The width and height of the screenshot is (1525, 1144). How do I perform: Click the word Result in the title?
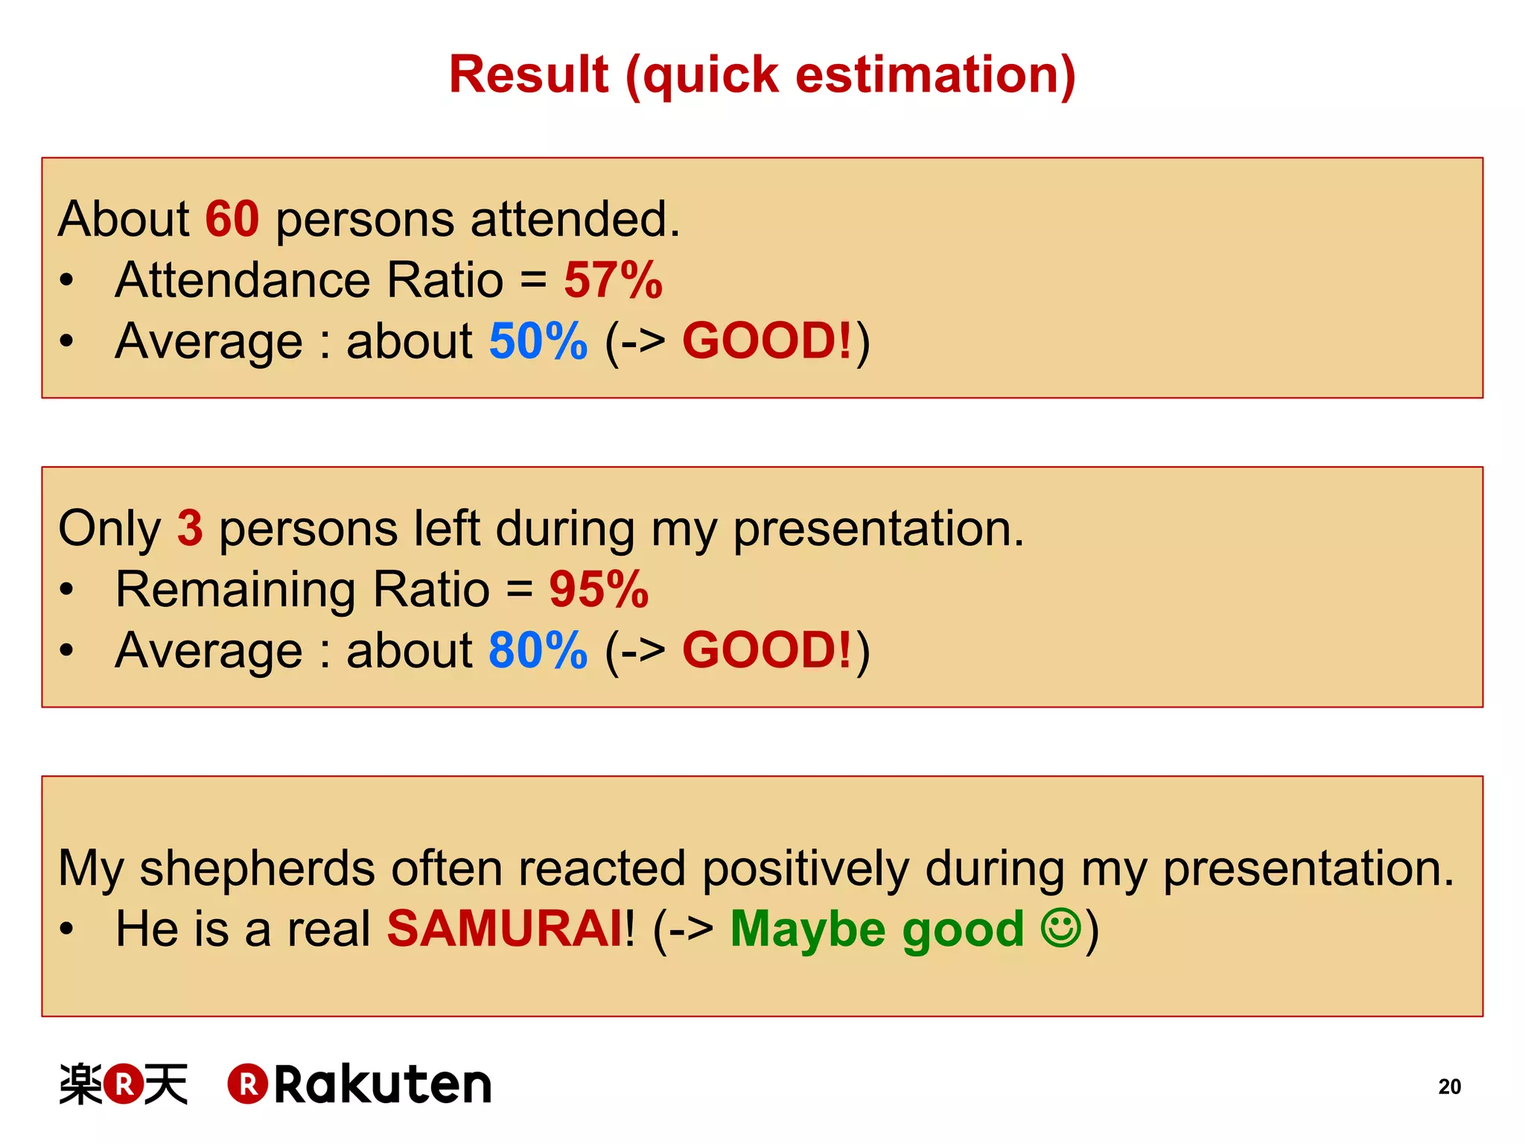click(529, 74)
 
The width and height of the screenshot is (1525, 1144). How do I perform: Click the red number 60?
click(232, 219)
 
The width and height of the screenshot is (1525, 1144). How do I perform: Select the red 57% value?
click(613, 280)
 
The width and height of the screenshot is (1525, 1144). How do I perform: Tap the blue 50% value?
click(538, 341)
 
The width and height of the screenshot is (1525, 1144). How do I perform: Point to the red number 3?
click(190, 528)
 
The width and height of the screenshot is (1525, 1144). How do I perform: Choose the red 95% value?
click(599, 589)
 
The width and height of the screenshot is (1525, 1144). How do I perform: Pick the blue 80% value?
click(538, 650)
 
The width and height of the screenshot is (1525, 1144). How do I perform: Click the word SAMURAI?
click(505, 929)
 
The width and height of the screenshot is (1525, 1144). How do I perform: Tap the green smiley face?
click(1060, 928)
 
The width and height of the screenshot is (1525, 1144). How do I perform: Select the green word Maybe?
click(808, 930)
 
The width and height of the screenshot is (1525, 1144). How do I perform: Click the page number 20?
click(1449, 1087)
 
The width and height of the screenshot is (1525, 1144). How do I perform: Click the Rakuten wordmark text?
click(383, 1084)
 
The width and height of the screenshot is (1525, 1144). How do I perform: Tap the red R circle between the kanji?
click(124, 1084)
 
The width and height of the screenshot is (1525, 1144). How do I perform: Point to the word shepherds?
click(258, 868)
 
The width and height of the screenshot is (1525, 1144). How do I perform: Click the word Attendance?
click(243, 280)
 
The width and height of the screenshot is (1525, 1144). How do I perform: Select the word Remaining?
click(235, 589)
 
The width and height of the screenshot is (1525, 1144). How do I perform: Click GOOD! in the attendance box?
click(766, 341)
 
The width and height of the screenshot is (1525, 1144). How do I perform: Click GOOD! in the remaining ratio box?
click(766, 650)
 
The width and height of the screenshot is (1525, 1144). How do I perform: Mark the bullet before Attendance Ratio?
click(67, 281)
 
